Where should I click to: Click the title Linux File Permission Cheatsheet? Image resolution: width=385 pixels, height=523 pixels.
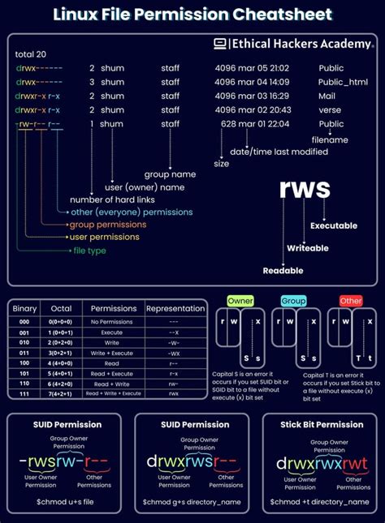pos(192,15)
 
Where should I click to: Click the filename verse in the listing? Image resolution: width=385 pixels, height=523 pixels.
pos(331,109)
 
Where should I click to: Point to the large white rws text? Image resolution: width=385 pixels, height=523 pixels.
pos(305,188)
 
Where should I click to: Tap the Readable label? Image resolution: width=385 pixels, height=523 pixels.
pos(283,270)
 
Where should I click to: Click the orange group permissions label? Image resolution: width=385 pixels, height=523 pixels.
pos(108,224)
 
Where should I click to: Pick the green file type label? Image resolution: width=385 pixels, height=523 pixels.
pos(89,251)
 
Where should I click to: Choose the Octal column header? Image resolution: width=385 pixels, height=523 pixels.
pos(61,308)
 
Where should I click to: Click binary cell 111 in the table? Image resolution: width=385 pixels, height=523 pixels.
pos(25,392)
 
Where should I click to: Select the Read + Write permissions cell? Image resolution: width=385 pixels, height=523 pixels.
pos(114,384)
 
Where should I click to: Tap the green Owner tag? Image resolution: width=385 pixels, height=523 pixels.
pos(240,300)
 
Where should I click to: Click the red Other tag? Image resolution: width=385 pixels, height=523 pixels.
pos(351,300)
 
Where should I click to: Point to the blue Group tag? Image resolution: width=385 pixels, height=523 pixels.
pos(293,300)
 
